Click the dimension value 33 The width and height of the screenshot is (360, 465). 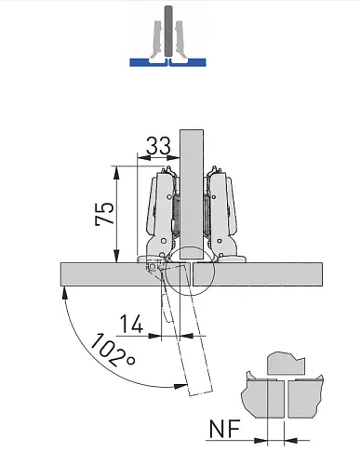(158, 146)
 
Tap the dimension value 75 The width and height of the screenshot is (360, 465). (105, 213)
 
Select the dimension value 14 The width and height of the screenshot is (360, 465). (131, 324)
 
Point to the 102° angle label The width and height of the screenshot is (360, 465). (113, 351)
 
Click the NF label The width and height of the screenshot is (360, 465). (225, 429)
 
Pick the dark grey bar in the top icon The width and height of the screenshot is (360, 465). (168, 31)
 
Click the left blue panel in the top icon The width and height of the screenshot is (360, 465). (148, 62)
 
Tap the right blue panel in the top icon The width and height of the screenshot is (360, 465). (188, 62)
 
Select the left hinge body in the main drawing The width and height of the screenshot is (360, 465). (160, 216)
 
